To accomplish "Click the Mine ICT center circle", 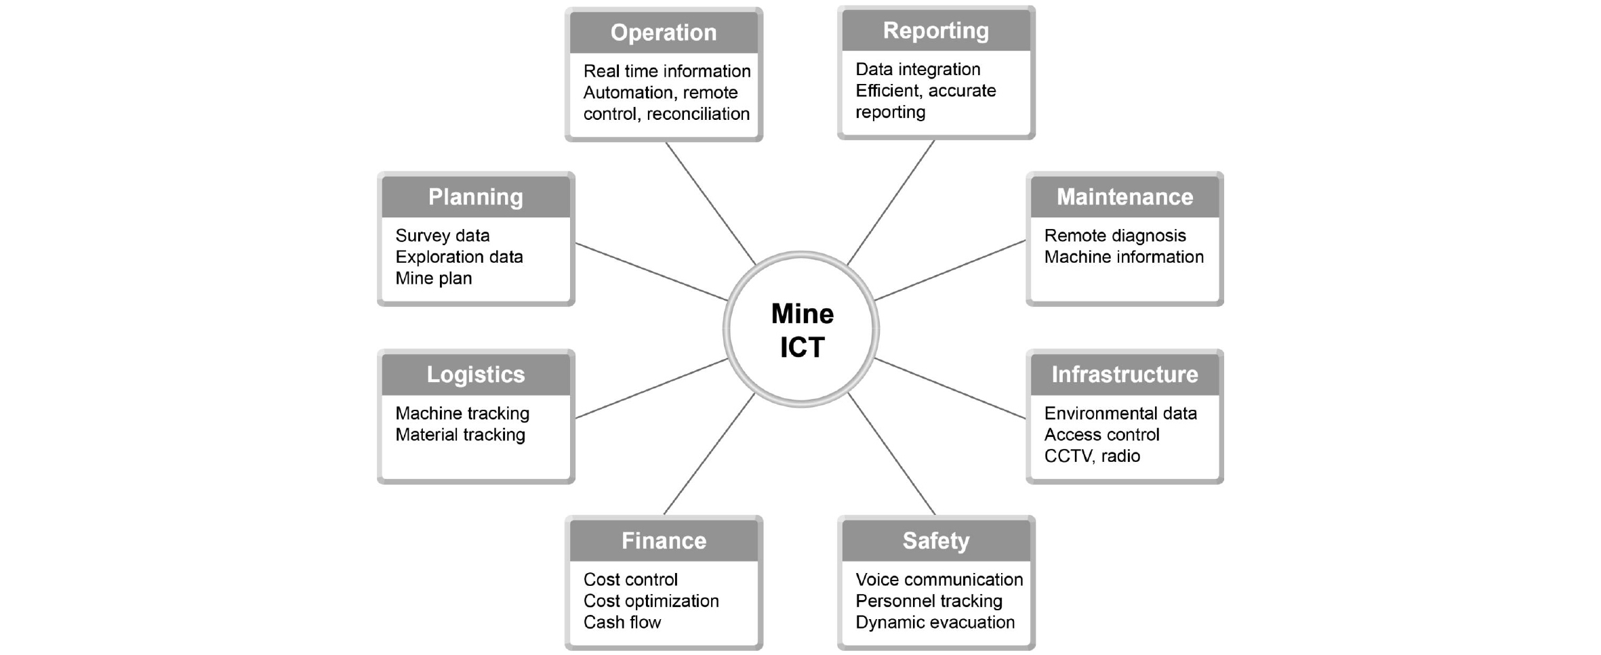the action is click(801, 329).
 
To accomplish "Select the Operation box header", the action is click(664, 33).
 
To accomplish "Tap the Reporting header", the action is click(936, 30).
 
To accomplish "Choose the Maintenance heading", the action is click(1124, 196).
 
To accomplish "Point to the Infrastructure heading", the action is click(1124, 374).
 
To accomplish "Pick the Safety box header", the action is click(936, 541).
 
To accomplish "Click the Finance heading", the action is click(664, 541).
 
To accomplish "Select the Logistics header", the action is click(476, 374).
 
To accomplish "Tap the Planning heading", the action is click(476, 196).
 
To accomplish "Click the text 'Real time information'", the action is click(667, 71).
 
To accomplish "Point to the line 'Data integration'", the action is click(918, 69).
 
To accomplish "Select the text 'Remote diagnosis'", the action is click(1115, 236).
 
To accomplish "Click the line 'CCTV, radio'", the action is click(1092, 456).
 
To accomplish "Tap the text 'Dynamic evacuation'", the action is click(935, 622).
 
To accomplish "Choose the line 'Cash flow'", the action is click(622, 622).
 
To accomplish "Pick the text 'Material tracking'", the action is click(460, 434).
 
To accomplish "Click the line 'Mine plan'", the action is click(434, 278).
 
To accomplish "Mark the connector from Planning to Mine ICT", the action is click(651, 272).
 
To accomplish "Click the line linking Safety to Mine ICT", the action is click(891, 454).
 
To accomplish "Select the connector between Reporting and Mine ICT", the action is click(891, 203).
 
